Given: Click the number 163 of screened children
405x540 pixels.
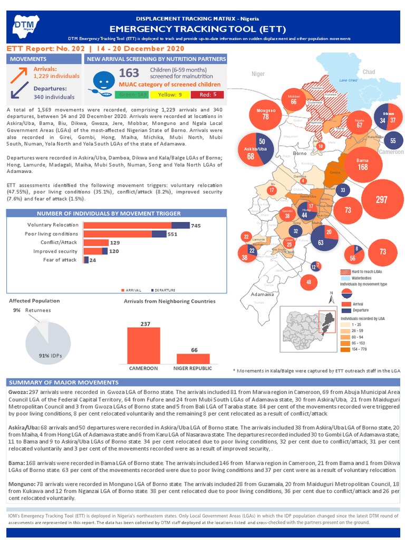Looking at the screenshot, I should (129, 73).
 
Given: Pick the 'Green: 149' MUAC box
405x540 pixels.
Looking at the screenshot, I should (132, 95).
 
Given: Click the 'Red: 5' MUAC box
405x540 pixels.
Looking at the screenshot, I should (207, 95).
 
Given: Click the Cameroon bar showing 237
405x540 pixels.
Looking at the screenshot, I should (143, 345).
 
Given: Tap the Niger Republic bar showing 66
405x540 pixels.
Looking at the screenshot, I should (194, 358).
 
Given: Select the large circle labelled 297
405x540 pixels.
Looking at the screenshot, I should (381, 200).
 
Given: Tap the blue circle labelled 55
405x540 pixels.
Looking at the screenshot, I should (393, 141).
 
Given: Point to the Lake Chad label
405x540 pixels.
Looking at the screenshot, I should (349, 80).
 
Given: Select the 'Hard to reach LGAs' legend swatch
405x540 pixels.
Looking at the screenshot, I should (346, 272).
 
